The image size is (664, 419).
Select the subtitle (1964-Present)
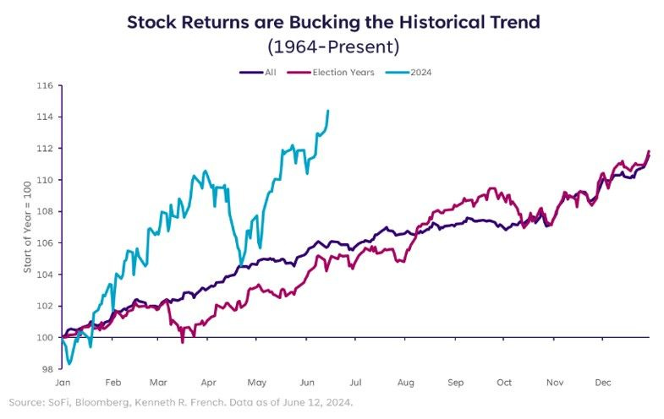pyautogui.click(x=333, y=46)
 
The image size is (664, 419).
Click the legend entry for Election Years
pyautogui.click(x=331, y=73)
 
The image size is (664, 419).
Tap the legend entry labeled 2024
pyautogui.click(x=409, y=73)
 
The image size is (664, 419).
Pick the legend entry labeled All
pyautogui.click(x=258, y=73)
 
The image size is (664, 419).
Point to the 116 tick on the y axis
pyautogui.click(x=45, y=86)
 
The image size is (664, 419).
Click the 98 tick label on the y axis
pyautogui.click(x=47, y=369)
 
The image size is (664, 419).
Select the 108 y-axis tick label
pyautogui.click(x=45, y=211)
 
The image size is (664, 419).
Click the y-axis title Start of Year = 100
pyautogui.click(x=28, y=227)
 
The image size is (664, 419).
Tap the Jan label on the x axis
pyautogui.click(x=63, y=383)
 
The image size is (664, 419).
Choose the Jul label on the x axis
pyautogui.click(x=356, y=383)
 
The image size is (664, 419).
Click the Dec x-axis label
pyautogui.click(x=603, y=383)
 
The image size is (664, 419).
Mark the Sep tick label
pyautogui.click(x=456, y=383)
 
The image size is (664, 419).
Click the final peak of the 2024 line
pyautogui.click(x=327, y=111)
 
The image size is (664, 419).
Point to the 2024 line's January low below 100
pyautogui.click(x=69, y=363)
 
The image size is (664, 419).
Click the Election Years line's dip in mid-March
pyautogui.click(x=183, y=342)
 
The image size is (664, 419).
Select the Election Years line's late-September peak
pyautogui.click(x=491, y=188)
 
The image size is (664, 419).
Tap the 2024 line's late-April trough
pyautogui.click(x=241, y=265)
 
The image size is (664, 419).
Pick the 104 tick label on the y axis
pyautogui.click(x=45, y=275)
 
